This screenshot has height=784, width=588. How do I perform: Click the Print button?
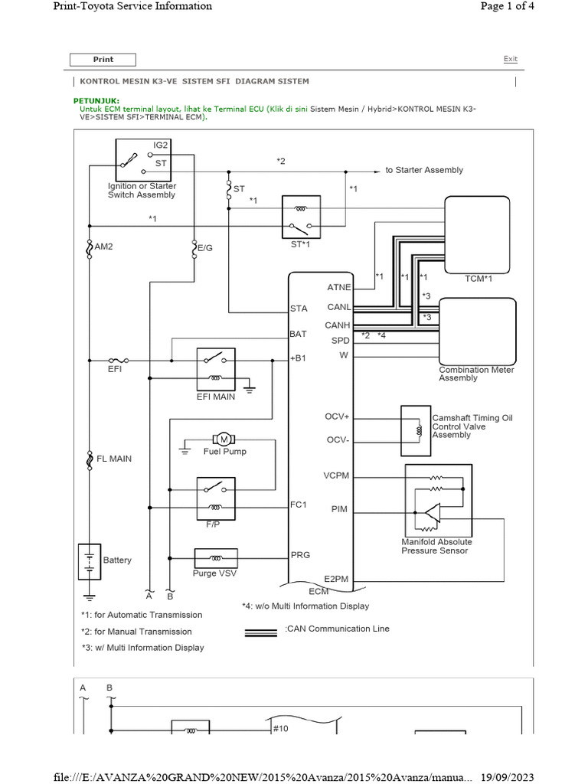click(103, 60)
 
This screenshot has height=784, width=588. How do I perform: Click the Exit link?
click(510, 59)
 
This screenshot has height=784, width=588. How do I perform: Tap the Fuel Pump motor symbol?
click(224, 439)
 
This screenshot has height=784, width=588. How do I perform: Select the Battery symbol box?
click(90, 562)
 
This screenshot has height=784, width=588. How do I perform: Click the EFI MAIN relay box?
click(216, 368)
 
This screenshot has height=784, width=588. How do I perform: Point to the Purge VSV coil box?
click(216, 557)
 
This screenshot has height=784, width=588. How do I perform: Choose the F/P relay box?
click(216, 496)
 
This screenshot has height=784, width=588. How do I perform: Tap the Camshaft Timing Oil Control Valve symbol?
click(416, 430)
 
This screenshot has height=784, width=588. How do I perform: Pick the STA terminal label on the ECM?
click(299, 309)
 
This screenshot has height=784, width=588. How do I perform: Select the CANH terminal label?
click(338, 325)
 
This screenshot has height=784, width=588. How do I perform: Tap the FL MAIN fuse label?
click(113, 459)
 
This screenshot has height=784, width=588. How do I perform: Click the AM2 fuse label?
click(104, 247)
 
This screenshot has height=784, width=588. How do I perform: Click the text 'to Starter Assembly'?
click(424, 170)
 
